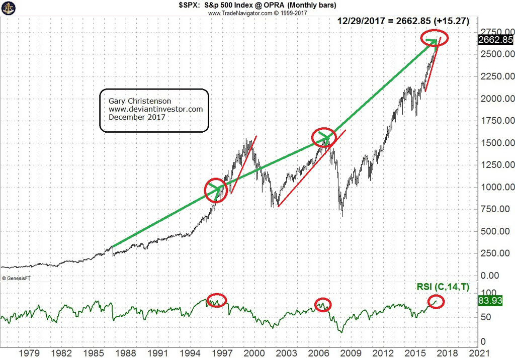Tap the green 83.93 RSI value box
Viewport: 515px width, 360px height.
[496, 301]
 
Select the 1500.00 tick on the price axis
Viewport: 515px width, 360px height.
[495, 143]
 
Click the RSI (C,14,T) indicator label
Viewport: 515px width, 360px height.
[443, 287]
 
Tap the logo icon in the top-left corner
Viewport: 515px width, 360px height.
[8, 8]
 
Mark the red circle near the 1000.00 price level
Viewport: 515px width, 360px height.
[216, 190]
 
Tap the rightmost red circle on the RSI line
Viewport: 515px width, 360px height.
[436, 301]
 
